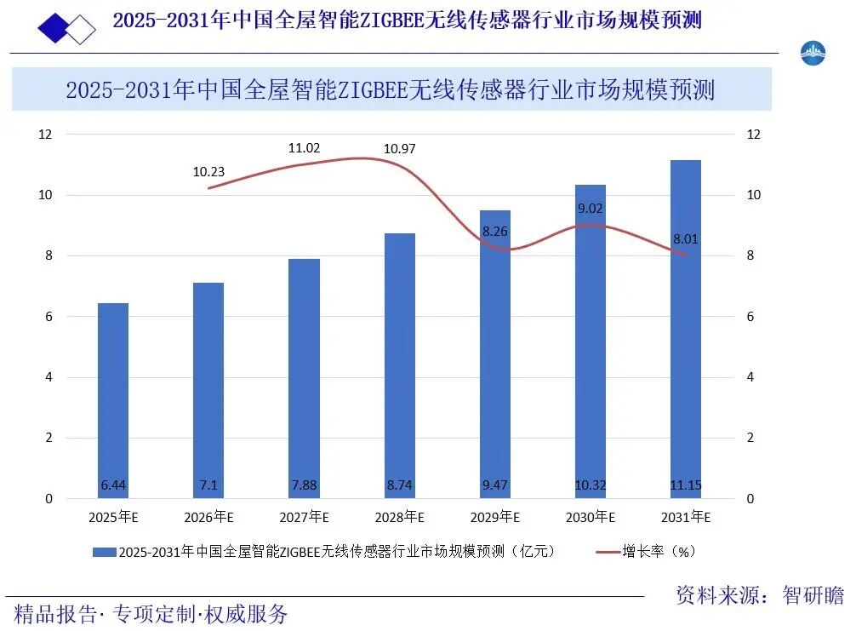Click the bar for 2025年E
tap(113, 400)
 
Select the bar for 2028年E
tap(399, 365)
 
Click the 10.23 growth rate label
tap(208, 171)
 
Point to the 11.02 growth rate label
tap(304, 148)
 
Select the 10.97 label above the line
tap(399, 149)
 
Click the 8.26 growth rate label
tap(495, 231)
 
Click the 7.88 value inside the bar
tap(304, 485)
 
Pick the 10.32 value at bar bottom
tap(590, 485)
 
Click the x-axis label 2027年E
tap(304, 517)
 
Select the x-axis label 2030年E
tap(590, 517)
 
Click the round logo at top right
tap(813, 53)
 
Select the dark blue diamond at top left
tap(55, 27)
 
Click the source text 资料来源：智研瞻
tap(759, 595)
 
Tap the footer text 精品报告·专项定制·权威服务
tap(151, 613)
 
